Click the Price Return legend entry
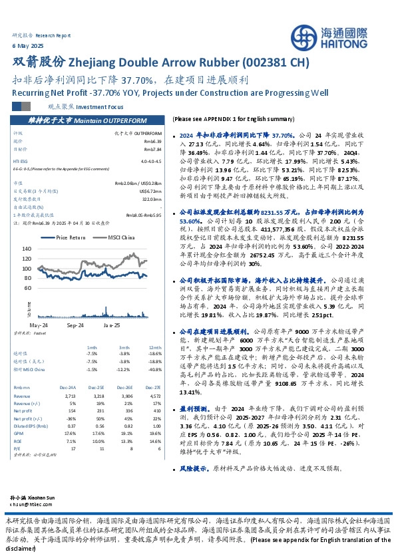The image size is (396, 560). [66, 237]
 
